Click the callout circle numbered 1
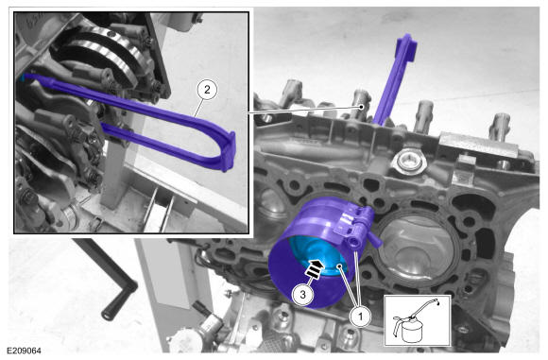[360, 317]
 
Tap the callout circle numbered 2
[207, 90]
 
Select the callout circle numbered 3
[302, 295]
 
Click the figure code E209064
[25, 351]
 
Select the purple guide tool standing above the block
[395, 79]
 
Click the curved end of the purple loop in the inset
[228, 152]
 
